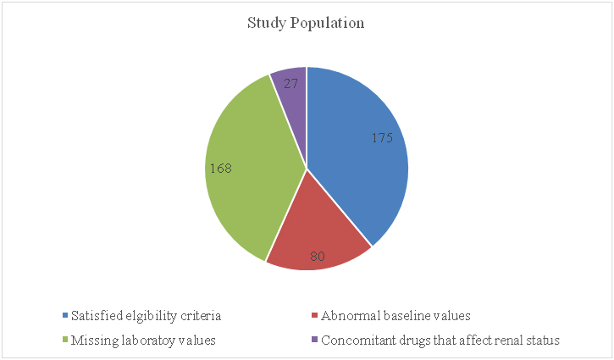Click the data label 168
[x=221, y=168]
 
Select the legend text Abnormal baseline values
[x=393, y=317]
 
